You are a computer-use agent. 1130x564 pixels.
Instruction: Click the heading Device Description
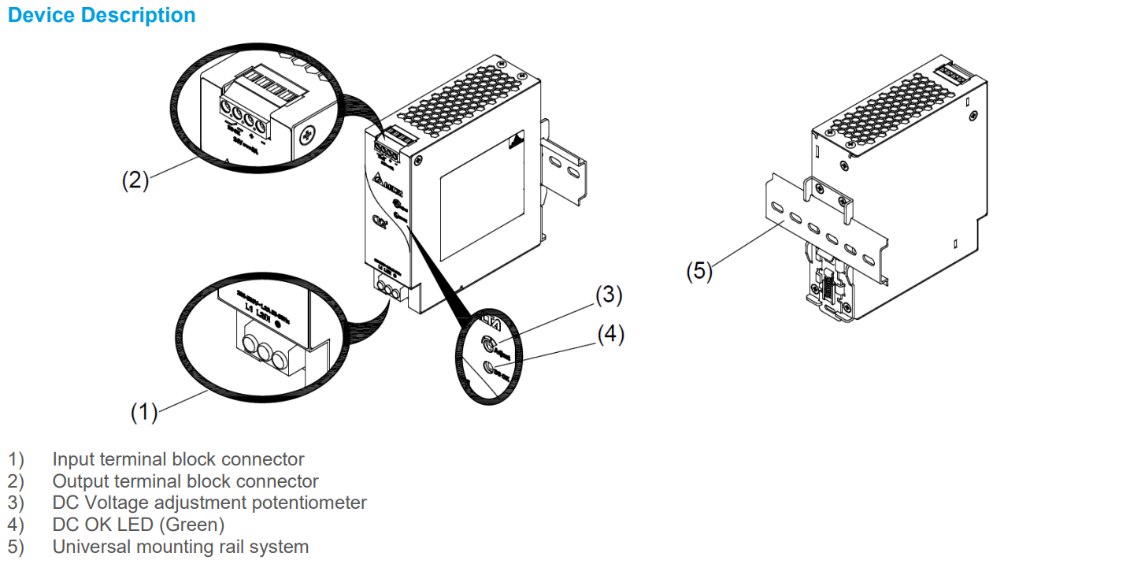click(102, 15)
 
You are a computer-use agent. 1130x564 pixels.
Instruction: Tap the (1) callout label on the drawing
click(144, 411)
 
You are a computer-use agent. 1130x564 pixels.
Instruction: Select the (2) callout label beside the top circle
click(135, 180)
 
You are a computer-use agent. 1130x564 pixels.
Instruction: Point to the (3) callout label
click(609, 295)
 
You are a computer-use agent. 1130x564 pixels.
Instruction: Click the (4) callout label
click(610, 334)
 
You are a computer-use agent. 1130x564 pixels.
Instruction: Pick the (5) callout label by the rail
click(698, 271)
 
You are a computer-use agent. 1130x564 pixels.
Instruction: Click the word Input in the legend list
click(72, 459)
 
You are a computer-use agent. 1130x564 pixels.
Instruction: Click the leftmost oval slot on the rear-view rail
click(777, 208)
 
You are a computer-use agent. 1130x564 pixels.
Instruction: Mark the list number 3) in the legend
click(16, 503)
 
